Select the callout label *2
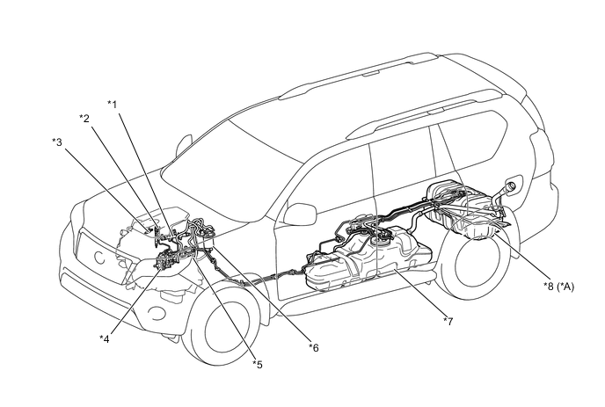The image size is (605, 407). [x=84, y=119]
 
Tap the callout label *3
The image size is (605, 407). [x=56, y=142]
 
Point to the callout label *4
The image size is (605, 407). [x=105, y=337]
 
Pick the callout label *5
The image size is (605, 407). [x=257, y=363]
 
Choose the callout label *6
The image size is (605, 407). [x=313, y=347]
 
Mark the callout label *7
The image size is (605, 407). [x=448, y=321]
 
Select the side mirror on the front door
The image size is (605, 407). [x=301, y=214]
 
